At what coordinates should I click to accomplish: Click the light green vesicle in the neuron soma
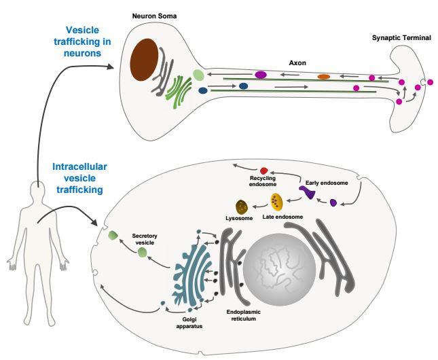tap(198, 75)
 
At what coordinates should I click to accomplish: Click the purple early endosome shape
tap(308, 193)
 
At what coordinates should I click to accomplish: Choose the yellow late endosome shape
tap(276, 201)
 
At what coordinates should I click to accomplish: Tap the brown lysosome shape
tap(241, 206)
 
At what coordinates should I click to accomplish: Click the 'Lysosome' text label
tap(238, 219)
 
